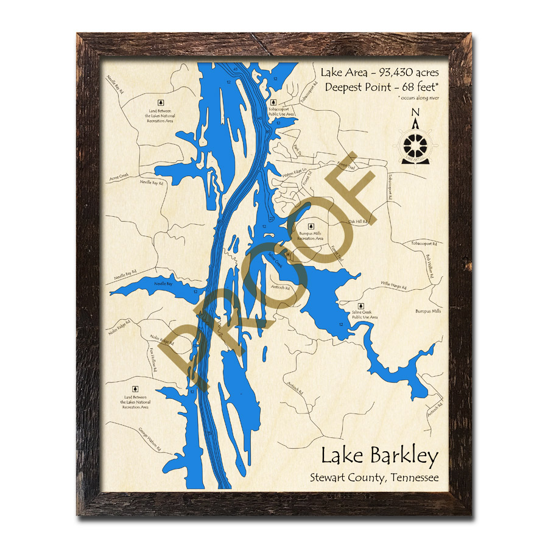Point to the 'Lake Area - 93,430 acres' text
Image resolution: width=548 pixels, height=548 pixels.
[379, 73]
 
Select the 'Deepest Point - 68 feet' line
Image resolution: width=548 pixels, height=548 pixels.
[381, 87]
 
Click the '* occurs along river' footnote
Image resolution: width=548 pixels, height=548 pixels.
[419, 97]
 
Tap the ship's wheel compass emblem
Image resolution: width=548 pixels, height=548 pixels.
[416, 145]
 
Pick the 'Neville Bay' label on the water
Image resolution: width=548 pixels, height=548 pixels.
[163, 284]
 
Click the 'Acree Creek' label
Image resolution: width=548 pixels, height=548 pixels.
[119, 177]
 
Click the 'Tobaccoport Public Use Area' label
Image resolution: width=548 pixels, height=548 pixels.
[281, 111]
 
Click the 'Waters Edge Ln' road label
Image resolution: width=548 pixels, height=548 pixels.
[293, 173]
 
